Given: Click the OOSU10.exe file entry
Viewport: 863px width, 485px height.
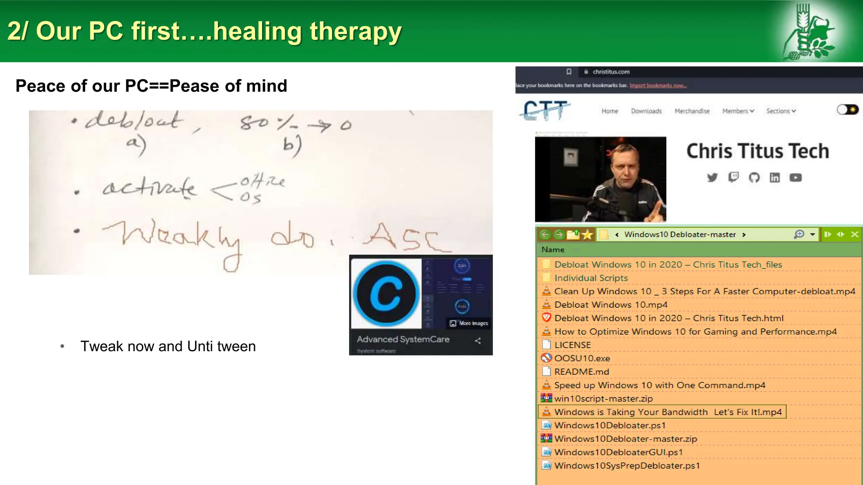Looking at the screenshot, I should (582, 358).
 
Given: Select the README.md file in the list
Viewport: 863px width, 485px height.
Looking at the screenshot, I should (581, 372).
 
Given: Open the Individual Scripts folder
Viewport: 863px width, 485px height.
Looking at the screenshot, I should (591, 278).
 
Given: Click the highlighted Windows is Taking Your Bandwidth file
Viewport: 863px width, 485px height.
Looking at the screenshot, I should (667, 412).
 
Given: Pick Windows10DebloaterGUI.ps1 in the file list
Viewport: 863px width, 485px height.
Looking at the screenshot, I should (618, 452).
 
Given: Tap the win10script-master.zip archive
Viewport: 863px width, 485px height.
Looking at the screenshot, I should (603, 399).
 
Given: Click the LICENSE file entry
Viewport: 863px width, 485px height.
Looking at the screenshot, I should (572, 345).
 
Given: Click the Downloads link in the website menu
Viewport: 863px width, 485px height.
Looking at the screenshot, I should (646, 111).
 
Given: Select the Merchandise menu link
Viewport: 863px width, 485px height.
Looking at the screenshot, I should (692, 111).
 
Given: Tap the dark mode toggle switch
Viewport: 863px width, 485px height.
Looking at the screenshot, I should (847, 110).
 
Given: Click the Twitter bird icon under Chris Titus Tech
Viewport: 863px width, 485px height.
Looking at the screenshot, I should (712, 178).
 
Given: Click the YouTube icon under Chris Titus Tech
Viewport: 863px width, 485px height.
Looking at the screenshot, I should (795, 178).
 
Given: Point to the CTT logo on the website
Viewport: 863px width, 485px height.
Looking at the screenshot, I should (546, 110).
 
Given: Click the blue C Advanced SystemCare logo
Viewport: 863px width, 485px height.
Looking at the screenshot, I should (386, 293).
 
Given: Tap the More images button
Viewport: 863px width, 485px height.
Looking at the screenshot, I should (469, 323).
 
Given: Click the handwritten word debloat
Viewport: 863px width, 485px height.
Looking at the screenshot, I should (134, 121).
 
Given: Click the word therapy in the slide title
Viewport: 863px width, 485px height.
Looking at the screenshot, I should (356, 32).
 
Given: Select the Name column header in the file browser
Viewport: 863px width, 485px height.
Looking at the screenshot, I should (552, 250).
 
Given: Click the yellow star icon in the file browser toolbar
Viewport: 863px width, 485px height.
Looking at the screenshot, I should (587, 235).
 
